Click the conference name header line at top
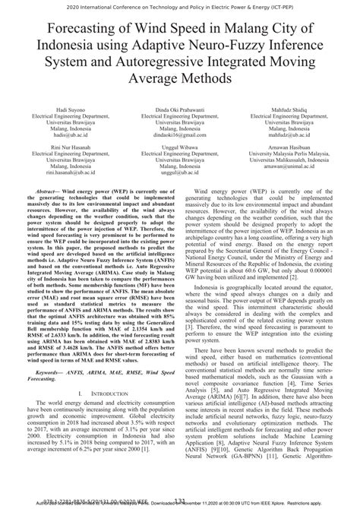(180, 5)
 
